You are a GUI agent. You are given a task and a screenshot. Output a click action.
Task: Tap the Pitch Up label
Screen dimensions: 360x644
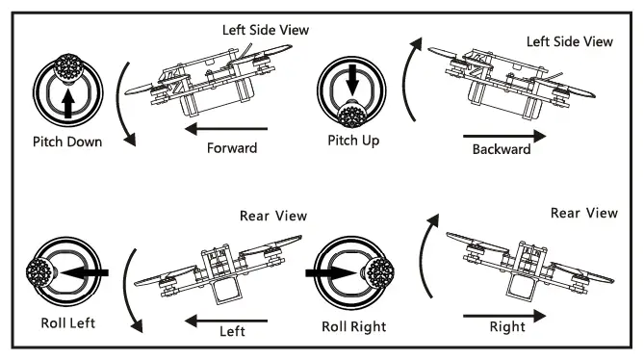[352, 141]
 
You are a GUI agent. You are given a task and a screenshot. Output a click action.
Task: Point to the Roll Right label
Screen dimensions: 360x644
[351, 326]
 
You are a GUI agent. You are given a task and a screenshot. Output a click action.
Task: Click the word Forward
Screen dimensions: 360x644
[232, 148]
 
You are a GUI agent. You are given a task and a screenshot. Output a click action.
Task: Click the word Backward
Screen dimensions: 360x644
[502, 149]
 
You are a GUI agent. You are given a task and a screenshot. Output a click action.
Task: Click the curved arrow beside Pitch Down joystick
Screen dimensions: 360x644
[121, 105]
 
